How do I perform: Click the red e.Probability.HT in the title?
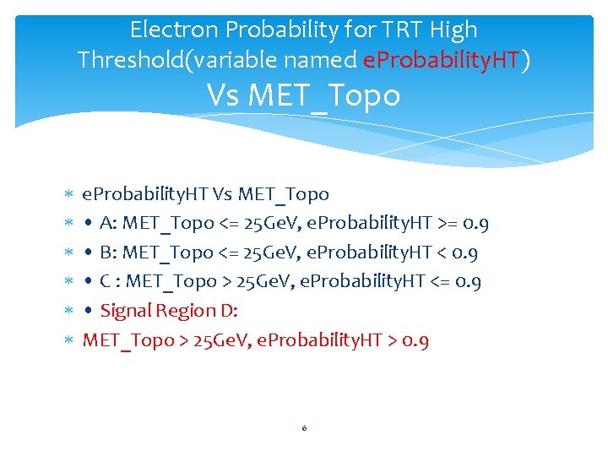[x=441, y=61]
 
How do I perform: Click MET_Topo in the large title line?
[x=342, y=95]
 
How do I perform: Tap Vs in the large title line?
[x=225, y=95]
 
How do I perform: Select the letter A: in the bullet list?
[x=108, y=224]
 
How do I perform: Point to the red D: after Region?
[x=230, y=311]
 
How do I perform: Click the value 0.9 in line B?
[x=465, y=252]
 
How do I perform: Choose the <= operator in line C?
[x=444, y=281]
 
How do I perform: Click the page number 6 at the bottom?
[x=304, y=428]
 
